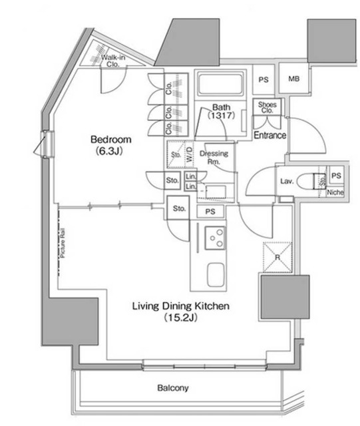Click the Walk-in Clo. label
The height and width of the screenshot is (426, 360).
click(114, 61)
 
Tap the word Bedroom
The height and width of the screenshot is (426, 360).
click(111, 140)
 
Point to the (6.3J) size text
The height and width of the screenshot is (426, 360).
click(111, 151)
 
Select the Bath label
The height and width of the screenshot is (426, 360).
click(222, 107)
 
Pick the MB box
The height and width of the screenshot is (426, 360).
click(293, 79)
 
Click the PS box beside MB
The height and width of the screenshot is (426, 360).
click(264, 79)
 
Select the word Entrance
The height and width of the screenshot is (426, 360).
click(270, 135)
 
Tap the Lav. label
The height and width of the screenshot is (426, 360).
click(287, 180)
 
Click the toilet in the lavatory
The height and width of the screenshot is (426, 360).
click(309, 181)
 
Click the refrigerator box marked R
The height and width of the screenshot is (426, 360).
click(274, 258)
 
